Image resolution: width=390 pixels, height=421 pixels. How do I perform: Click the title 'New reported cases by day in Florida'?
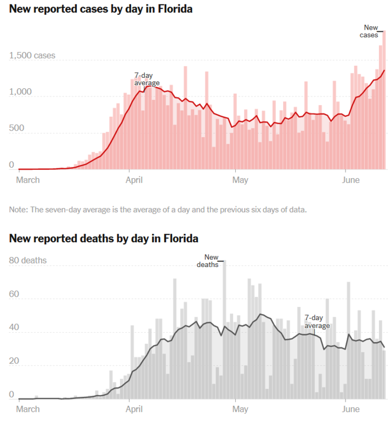(x=101, y=9)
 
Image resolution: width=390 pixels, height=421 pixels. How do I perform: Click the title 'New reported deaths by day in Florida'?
(x=104, y=238)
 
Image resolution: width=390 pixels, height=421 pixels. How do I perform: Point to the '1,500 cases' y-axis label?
(x=32, y=56)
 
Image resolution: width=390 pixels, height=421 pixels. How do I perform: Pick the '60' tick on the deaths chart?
(x=14, y=294)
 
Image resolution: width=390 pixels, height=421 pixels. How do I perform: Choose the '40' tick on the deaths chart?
(x=14, y=328)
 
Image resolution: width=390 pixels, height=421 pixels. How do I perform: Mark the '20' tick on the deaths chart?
(x=14, y=361)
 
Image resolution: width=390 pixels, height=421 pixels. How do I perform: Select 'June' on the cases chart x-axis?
(x=352, y=179)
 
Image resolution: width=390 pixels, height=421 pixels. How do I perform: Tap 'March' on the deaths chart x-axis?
(x=29, y=409)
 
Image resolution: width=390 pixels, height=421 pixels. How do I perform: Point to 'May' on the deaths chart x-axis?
(x=240, y=409)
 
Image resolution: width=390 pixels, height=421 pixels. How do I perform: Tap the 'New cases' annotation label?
(x=372, y=31)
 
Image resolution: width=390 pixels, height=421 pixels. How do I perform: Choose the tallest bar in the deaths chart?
(x=224, y=329)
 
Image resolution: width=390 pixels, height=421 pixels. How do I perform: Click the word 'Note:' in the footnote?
(x=19, y=209)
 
